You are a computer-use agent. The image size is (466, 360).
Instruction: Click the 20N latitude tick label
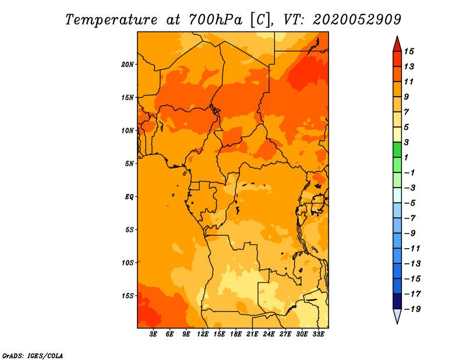128,64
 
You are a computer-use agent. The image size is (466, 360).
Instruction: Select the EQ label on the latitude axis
129,197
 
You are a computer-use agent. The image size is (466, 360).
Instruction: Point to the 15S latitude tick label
128,296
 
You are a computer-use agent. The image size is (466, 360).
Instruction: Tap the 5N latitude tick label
129,164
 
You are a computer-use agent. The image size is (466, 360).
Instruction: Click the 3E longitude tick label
153,334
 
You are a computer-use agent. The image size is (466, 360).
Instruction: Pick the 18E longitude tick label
236,334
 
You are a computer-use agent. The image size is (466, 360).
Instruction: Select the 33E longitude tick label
318,334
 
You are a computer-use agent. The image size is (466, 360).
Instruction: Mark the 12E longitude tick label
203,334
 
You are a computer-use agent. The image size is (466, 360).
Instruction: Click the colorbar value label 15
409,51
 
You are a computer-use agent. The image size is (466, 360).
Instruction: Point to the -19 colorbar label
412,309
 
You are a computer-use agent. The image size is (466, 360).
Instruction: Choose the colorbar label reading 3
407,142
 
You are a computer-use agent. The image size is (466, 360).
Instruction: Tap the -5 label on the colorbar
410,203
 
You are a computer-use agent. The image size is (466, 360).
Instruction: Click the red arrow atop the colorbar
397,44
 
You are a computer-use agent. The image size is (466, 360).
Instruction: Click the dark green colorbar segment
397,150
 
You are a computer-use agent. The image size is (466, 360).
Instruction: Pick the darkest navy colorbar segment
397,301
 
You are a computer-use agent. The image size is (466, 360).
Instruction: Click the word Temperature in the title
111,20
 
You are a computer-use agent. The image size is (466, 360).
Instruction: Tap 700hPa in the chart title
215,20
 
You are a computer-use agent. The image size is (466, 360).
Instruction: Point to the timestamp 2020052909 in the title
357,20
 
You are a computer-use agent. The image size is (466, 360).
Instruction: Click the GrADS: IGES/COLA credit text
33,355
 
